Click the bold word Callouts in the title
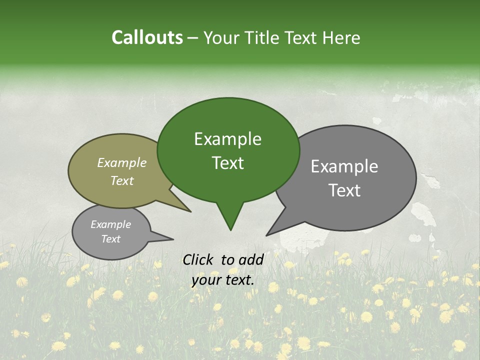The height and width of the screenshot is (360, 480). tap(147, 37)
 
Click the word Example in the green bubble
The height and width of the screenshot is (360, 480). tap(227, 139)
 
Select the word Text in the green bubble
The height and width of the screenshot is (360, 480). tap(227, 163)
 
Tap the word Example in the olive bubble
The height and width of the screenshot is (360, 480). tap(122, 162)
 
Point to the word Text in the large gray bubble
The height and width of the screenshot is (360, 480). tap(344, 190)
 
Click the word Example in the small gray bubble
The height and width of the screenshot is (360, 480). tap(110, 224)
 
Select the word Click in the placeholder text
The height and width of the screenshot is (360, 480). tap(198, 259)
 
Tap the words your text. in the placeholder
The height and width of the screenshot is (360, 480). tap(223, 280)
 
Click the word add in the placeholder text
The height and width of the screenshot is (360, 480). tap(251, 259)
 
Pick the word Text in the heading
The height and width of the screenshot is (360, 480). tap(303, 38)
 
